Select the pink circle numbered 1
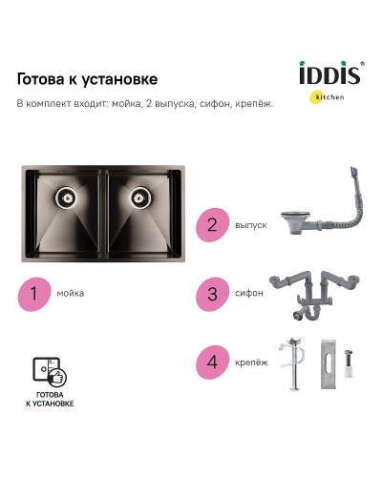[35, 292]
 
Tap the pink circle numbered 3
[212, 294]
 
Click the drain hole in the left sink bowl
[66, 197]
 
